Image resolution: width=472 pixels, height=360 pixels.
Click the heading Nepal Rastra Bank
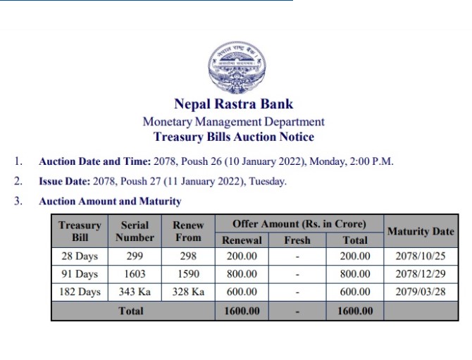point(233,106)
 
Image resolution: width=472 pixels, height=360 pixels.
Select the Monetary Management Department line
point(233,122)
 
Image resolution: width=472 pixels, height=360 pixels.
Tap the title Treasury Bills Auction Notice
point(233,137)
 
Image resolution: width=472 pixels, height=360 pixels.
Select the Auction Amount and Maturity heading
point(110,201)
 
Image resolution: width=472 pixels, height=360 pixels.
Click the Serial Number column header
point(135,231)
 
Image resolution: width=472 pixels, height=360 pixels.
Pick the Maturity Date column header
point(421,231)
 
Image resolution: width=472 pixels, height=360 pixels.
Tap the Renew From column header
point(188,231)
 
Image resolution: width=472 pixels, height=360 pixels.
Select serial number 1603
point(135,274)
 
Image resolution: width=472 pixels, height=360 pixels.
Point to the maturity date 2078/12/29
point(421,274)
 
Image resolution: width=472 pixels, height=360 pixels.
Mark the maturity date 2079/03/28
point(421,292)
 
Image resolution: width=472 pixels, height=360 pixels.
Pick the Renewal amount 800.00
point(242,274)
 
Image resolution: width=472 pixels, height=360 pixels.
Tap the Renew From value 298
point(188,256)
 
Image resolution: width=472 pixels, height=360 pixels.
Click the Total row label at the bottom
point(131,311)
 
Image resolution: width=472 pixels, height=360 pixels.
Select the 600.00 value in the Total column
point(355,292)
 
